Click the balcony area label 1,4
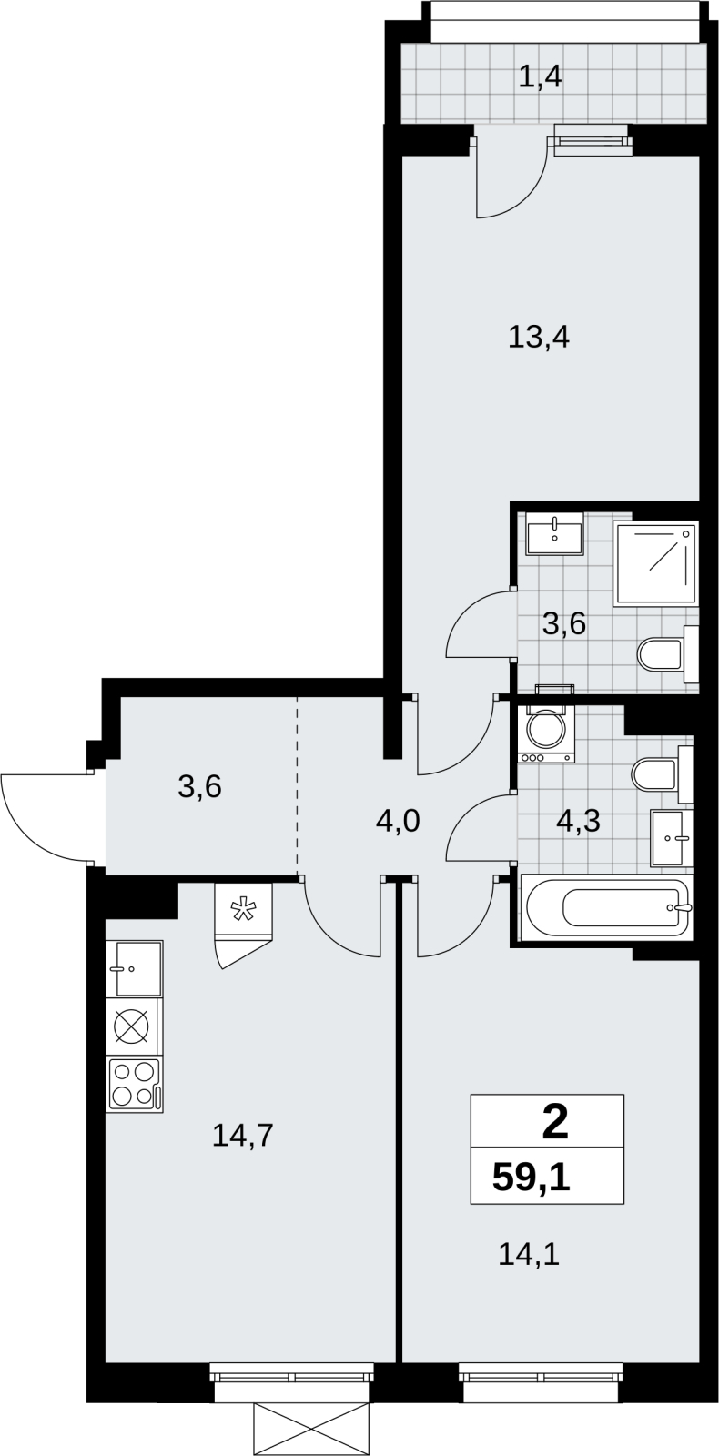coord(540,78)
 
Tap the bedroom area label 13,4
coord(538,338)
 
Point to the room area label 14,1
coord(529,1253)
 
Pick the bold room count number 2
coord(554,1124)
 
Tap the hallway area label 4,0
coord(398,822)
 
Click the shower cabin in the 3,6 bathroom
coord(655,563)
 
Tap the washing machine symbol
coord(546,734)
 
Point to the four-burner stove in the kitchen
coord(135,1084)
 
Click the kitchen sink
coord(138,968)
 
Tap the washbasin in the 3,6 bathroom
coord(555,533)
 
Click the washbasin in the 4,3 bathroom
coord(672,838)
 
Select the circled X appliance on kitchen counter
coord(136,1027)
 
